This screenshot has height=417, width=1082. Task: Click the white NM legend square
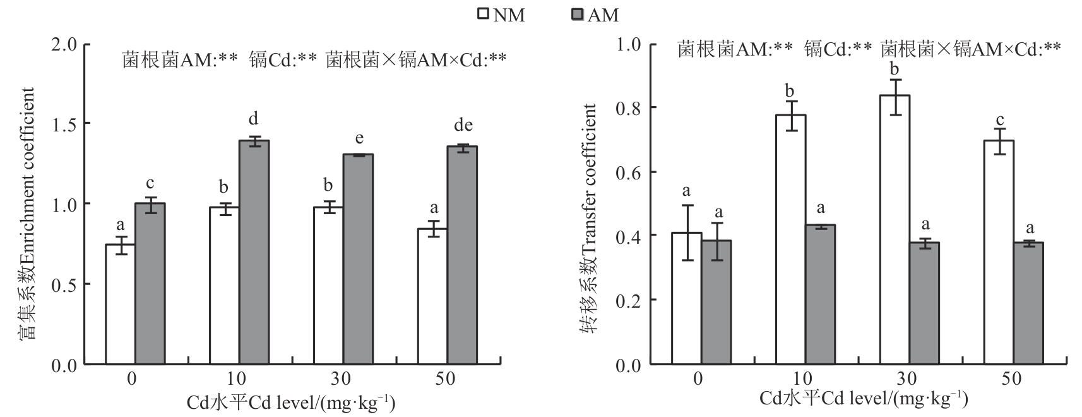(x=484, y=15)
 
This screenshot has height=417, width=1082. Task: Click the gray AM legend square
(x=577, y=15)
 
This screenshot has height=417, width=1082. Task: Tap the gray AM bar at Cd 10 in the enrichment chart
(x=254, y=252)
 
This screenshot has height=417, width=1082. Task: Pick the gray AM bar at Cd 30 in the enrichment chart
(x=358, y=259)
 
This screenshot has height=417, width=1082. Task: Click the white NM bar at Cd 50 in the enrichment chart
(x=432, y=296)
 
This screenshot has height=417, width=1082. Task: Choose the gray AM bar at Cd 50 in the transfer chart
(x=1028, y=303)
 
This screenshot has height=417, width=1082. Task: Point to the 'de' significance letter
(x=463, y=125)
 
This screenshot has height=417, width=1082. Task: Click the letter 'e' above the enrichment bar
(x=359, y=138)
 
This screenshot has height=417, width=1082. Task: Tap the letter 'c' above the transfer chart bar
(x=999, y=120)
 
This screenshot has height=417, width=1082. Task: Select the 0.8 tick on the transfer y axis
(x=628, y=108)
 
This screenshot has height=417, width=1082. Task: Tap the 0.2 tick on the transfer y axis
(x=628, y=300)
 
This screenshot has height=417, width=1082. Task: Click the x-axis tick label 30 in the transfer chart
(x=907, y=379)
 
